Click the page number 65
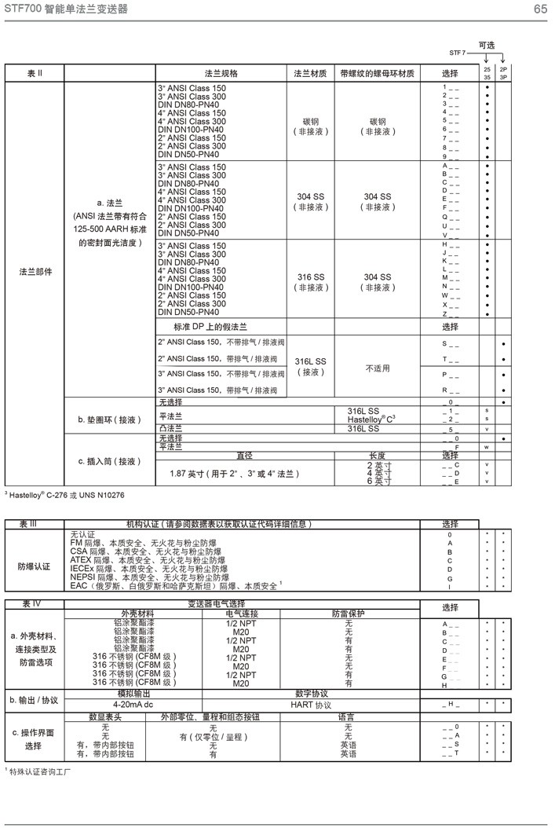pos(540,9)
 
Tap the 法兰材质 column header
pos(309,73)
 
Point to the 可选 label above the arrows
pos(487,46)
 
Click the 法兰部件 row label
pos(35,272)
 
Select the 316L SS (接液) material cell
pos(309,366)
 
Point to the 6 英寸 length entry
pos(380,482)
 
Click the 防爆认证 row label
pos(35,566)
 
